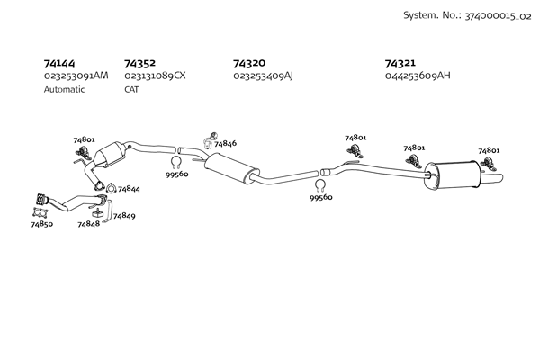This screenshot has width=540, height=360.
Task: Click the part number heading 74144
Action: coord(59,64)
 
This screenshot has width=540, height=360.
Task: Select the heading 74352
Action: coord(139,64)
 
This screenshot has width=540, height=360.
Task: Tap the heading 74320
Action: coord(249,64)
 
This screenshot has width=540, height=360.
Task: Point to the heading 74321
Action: coord(400,64)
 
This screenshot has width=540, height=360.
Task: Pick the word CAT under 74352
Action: coord(131,90)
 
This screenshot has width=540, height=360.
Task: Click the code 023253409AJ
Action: coord(263,76)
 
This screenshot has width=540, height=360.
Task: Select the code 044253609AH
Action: coord(417,76)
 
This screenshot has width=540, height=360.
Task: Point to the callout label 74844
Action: coord(128,189)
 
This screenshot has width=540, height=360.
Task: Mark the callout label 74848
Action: coord(88,223)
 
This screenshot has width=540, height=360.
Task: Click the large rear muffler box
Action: coord(454,175)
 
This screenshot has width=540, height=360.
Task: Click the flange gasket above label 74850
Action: coord(39,212)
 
